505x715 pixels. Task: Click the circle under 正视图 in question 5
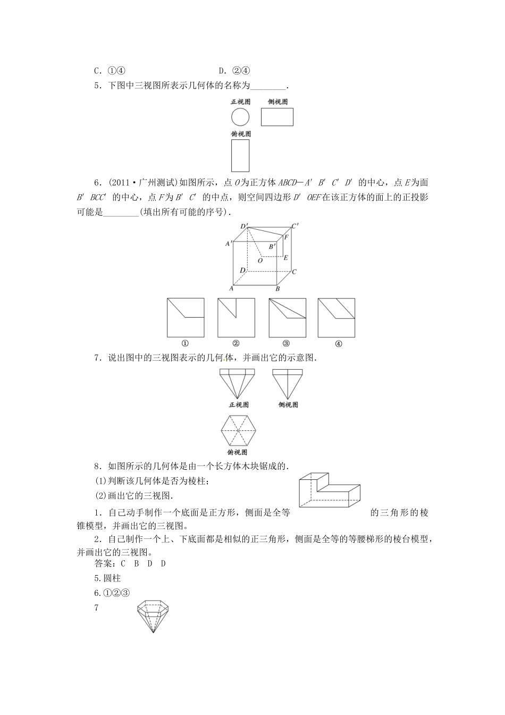tap(240, 117)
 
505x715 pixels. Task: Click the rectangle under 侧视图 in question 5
tap(277, 117)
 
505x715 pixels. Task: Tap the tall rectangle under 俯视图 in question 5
tap(240, 155)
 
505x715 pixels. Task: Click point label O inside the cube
tap(260, 261)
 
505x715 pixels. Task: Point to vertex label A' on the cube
tap(229, 244)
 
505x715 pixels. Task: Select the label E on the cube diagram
tap(286, 258)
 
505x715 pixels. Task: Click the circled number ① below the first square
tap(186, 343)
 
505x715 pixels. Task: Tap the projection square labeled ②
tap(236, 317)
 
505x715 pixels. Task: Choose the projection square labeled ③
tap(288, 317)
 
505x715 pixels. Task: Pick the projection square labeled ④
tap(336, 317)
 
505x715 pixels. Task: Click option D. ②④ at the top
tap(234, 71)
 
